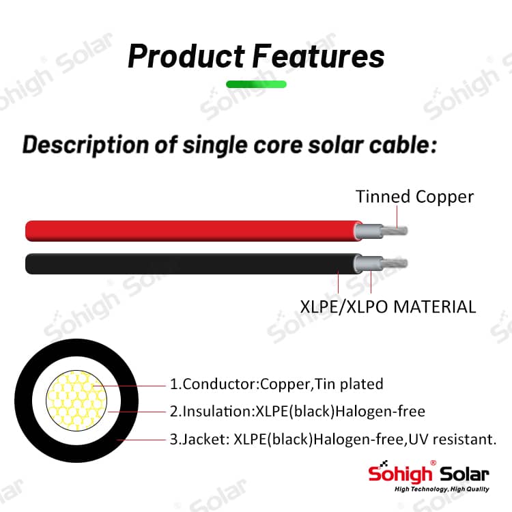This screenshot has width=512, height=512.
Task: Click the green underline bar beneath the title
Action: pyautogui.click(x=256, y=84)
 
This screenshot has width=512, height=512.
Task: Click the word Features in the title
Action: pyautogui.click(x=319, y=56)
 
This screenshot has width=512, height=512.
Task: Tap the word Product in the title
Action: pyautogui.click(x=186, y=56)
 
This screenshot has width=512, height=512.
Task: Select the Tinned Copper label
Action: pyautogui.click(x=414, y=197)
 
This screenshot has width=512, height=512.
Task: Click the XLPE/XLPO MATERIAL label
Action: pyautogui.click(x=388, y=307)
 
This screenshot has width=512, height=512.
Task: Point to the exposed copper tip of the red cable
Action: pyautogui.click(x=395, y=231)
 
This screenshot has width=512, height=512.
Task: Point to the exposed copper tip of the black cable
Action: pyautogui.click(x=395, y=264)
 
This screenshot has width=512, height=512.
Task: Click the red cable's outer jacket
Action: pyautogui.click(x=193, y=231)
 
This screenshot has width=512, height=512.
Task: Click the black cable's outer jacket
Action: pyautogui.click(x=193, y=264)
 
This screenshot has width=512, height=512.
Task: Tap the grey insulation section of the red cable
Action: pyautogui.click(x=369, y=231)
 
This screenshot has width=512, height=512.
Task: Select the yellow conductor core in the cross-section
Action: pyautogui.click(x=76, y=400)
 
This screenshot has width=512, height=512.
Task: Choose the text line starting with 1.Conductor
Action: pyautogui.click(x=276, y=384)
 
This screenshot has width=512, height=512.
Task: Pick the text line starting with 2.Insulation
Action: pyautogui.click(x=298, y=412)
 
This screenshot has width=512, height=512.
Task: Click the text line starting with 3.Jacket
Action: pyautogui.click(x=333, y=439)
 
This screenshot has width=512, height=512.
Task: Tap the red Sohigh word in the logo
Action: pyautogui.click(x=400, y=474)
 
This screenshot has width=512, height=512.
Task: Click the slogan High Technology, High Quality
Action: pyautogui.click(x=442, y=489)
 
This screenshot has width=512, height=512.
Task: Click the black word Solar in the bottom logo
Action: pyautogui.click(x=464, y=474)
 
